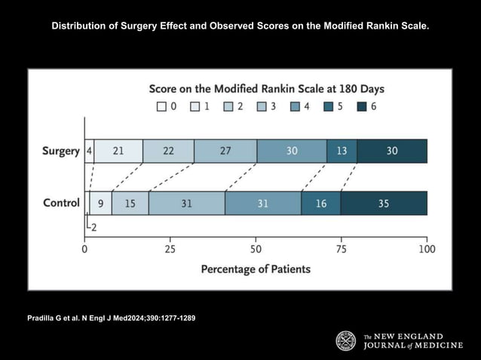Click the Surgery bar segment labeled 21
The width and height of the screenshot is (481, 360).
point(118,151)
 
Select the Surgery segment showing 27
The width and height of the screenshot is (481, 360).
point(225,151)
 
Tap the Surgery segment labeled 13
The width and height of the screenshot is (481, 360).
point(342,151)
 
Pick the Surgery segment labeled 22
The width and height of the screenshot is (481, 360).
point(168,151)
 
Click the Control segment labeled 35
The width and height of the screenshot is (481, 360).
point(384,203)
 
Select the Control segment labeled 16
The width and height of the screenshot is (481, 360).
point(321,203)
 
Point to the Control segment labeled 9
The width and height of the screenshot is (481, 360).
point(101,203)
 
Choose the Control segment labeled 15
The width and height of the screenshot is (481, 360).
point(130,203)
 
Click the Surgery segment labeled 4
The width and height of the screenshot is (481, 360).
point(89,151)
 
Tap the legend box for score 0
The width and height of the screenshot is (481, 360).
point(161,107)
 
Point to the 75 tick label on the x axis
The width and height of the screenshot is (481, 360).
point(342,249)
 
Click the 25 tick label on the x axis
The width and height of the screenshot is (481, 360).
point(170,249)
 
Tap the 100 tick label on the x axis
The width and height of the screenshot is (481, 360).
point(427,249)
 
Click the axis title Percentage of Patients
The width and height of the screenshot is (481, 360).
point(256,269)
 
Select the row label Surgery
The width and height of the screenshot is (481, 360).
point(60,151)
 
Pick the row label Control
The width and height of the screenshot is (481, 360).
point(61,203)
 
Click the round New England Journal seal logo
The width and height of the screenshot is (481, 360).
point(346,341)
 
